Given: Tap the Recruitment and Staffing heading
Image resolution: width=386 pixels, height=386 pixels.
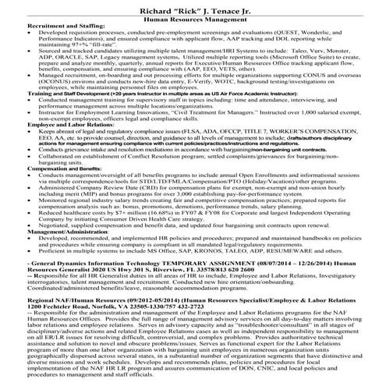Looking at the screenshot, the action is tap(44, 29).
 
